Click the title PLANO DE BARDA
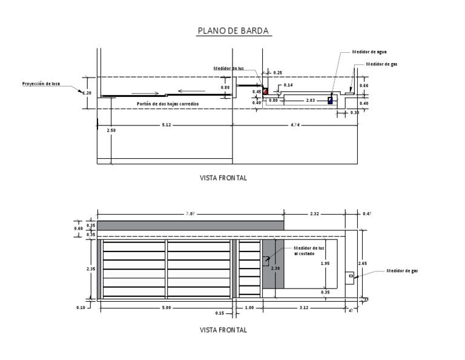pos(233,32)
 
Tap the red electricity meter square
pos(265,91)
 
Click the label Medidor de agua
pos(369,52)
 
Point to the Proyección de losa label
pos(42,84)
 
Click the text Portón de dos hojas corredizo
pos(168,104)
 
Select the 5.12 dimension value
pos(166,125)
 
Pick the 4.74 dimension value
pos(295,125)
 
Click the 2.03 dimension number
pos(310,100)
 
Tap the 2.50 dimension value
pos(111,130)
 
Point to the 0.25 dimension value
pos(278,73)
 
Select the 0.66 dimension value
pos(364,85)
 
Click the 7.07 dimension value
pos(190,213)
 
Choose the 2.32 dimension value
pos(314,213)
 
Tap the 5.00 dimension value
pos(166,308)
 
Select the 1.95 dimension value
pos(325,264)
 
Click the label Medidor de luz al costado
pos(309,251)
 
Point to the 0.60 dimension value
pos(78,228)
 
